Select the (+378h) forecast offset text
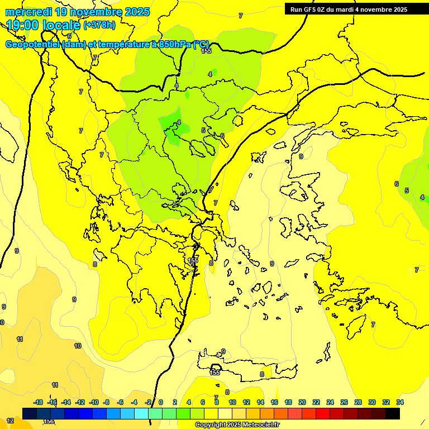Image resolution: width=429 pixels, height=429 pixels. point(99,25)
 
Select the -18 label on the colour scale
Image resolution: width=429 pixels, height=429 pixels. point(38,402)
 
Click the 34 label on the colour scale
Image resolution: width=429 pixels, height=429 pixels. point(399,402)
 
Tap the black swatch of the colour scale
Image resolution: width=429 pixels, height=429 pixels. point(393,413)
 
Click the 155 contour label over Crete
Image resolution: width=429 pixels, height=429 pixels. point(215,372)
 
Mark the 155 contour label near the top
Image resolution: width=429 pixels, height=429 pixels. point(206,51)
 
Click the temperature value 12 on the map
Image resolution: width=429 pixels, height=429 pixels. point(10,421)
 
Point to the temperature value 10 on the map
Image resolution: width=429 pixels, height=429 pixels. point(78,346)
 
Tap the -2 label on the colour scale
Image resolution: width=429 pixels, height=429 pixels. point(148,402)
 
